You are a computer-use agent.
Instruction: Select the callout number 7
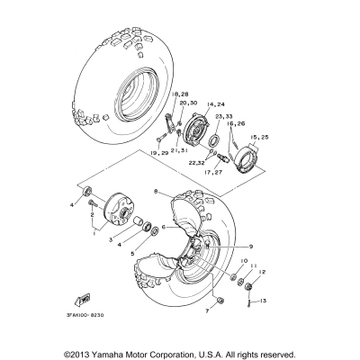[205, 310]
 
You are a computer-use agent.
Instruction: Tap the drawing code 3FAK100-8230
[86, 315]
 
